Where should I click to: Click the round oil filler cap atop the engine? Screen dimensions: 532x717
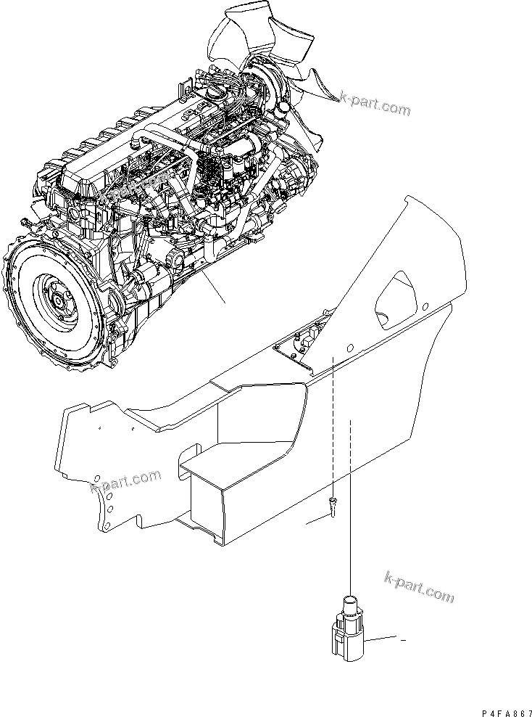point(215,95)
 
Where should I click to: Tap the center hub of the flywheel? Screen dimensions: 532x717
point(57,300)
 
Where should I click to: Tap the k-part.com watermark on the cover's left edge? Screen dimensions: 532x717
point(126,482)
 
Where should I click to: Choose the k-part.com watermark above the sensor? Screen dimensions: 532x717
point(419,586)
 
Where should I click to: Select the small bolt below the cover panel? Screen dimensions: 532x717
point(333,507)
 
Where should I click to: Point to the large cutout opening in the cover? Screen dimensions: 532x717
point(396,300)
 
